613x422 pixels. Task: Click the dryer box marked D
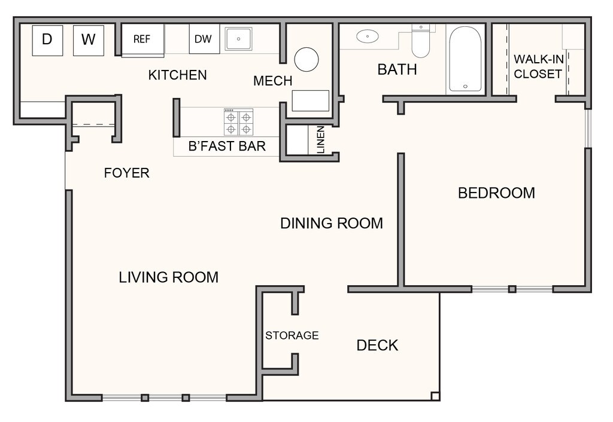click(47, 40)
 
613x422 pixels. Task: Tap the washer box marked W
click(89, 40)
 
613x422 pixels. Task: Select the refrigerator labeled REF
click(142, 40)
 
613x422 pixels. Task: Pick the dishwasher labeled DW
click(204, 39)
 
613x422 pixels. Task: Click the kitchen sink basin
click(238, 39)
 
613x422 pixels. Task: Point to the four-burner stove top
click(238, 122)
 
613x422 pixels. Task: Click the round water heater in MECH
click(306, 59)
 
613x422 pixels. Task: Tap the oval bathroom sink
click(368, 36)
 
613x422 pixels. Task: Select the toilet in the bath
click(421, 41)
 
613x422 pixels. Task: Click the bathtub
click(465, 59)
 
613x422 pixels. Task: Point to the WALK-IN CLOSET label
click(538, 66)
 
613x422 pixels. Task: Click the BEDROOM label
click(496, 193)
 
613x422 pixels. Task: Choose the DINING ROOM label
click(332, 224)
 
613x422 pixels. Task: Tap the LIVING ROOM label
click(168, 277)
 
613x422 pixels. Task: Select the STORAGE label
click(292, 335)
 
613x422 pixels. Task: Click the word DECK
click(377, 345)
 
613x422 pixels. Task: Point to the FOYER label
click(127, 173)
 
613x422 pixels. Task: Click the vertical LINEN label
click(321, 139)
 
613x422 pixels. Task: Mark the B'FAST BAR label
click(227, 146)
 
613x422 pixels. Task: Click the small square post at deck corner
click(435, 396)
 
